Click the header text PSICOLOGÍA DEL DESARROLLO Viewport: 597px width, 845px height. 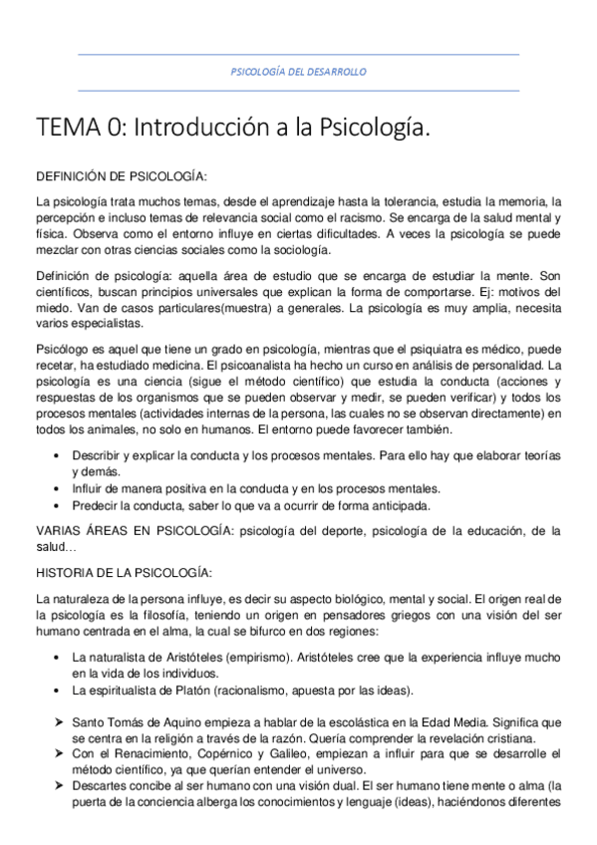coord(298,73)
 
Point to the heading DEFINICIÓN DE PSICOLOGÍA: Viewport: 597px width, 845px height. coord(121,177)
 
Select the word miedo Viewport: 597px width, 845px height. coord(51,308)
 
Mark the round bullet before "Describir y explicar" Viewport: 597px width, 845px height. coord(56,456)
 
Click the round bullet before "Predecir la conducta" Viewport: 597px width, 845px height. coord(56,505)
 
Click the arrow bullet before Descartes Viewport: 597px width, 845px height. coord(57,787)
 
